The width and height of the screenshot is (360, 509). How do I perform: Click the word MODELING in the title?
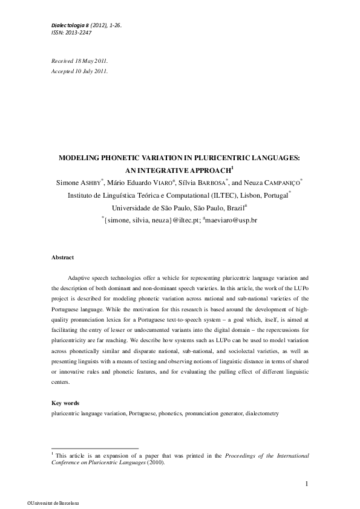(x=81, y=158)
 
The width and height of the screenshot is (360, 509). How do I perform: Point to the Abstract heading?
(x=62, y=258)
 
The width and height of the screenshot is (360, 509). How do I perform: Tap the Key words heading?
(x=65, y=403)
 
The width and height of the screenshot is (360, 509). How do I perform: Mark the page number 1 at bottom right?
(x=307, y=483)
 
